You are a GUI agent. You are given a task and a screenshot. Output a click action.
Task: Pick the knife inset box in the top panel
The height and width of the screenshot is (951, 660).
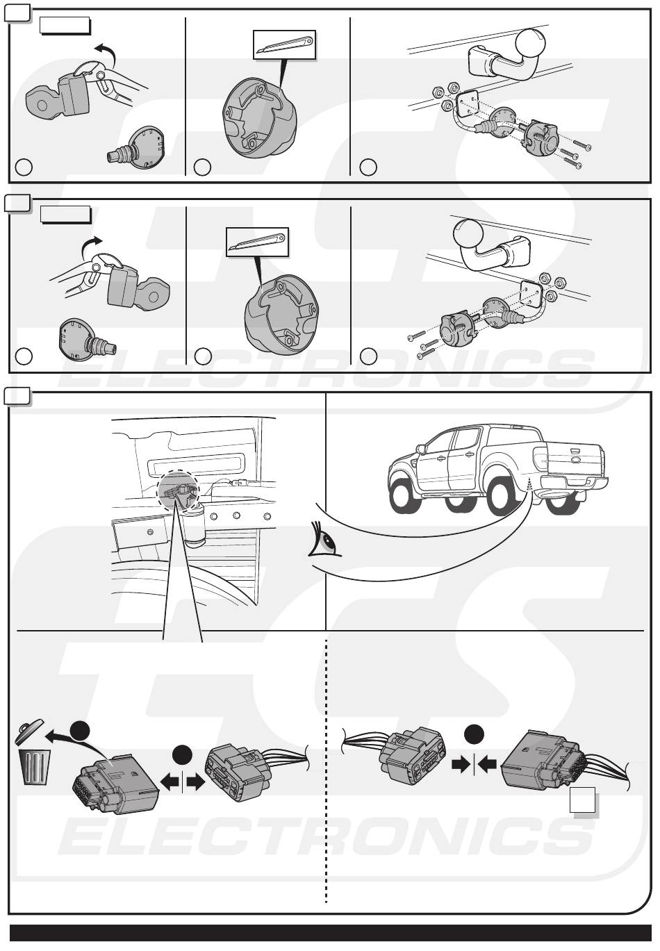tap(285, 44)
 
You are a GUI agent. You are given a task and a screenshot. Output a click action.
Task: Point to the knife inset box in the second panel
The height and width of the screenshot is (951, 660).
tap(257, 242)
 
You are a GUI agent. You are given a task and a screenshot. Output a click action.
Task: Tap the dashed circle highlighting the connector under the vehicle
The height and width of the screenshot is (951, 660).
tap(178, 490)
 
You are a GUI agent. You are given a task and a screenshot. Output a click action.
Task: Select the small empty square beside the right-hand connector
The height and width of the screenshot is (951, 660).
tap(582, 800)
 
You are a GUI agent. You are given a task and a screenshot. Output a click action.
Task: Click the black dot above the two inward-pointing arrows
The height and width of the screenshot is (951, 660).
tap(474, 734)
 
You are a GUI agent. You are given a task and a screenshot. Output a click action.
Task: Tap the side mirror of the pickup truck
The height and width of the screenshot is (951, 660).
tap(420, 449)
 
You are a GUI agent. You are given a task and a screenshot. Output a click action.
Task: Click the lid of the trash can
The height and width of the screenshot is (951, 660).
tap(30, 731)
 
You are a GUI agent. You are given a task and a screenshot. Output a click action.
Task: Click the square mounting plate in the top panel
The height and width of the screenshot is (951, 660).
tap(466, 104)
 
